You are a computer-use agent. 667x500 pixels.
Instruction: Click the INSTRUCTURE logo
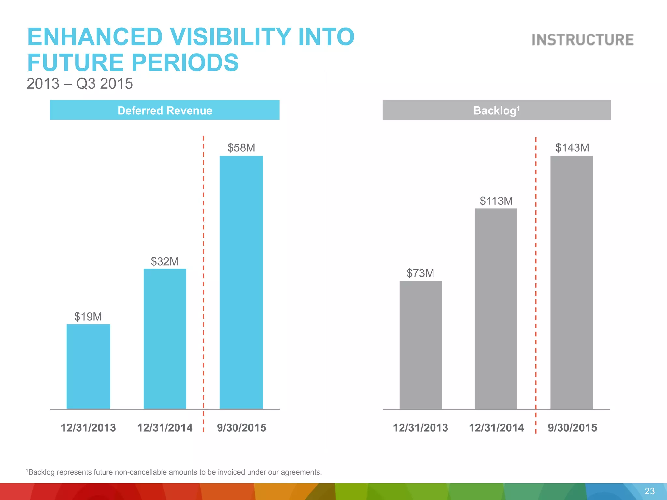583,40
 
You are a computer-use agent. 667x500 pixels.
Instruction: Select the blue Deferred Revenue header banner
164,110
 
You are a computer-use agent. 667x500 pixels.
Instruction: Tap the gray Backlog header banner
496,110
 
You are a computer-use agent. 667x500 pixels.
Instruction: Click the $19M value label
88,317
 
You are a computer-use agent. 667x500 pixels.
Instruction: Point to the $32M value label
164,261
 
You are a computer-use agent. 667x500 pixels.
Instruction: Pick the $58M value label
241,148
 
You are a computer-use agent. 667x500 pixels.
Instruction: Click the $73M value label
420,273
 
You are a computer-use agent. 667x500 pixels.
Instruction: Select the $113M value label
496,201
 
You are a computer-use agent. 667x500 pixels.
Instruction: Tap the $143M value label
572,148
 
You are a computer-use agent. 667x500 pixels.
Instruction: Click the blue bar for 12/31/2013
88,366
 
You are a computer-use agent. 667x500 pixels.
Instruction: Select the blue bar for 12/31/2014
165,339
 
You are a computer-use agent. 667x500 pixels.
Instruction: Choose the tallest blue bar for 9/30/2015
241,282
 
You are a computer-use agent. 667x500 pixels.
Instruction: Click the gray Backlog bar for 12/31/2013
420,344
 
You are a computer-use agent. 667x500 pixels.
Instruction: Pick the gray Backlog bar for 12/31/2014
496,308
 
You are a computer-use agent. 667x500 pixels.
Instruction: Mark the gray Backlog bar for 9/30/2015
572,282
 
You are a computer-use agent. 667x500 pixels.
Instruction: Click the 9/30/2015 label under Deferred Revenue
241,428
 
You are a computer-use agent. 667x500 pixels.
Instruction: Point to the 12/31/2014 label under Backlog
496,428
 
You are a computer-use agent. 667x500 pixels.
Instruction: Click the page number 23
649,491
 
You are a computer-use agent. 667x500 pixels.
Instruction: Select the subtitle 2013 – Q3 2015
79,84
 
